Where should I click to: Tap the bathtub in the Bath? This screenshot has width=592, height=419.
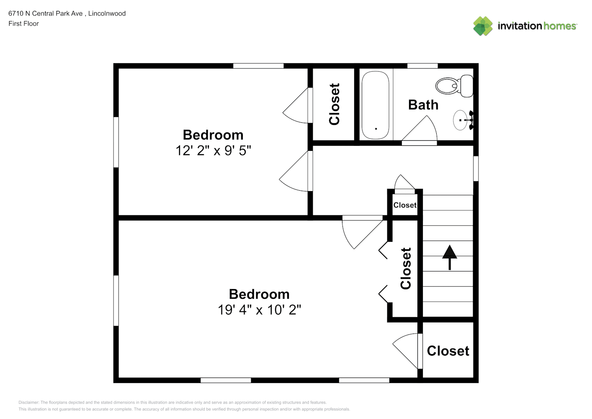375,105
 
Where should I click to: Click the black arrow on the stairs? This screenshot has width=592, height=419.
450,258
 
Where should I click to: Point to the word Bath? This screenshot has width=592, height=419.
423,105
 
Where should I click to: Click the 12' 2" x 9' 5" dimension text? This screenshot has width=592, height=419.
213,151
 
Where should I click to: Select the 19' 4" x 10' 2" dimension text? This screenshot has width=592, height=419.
259,310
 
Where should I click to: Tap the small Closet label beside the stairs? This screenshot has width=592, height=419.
404,205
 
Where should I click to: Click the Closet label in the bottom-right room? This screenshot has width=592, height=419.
448,351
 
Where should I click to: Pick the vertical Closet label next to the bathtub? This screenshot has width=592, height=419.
334,104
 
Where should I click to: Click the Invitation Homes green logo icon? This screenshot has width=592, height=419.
483,26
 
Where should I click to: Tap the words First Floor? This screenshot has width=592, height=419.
23,23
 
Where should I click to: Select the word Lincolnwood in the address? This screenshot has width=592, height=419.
107,13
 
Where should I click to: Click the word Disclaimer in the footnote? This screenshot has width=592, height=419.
28,402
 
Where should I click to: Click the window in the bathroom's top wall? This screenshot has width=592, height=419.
422,66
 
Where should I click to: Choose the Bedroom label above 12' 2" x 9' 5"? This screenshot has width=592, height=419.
213,135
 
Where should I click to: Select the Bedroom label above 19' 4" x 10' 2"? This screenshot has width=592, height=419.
259,294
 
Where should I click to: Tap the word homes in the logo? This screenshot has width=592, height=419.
560,26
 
